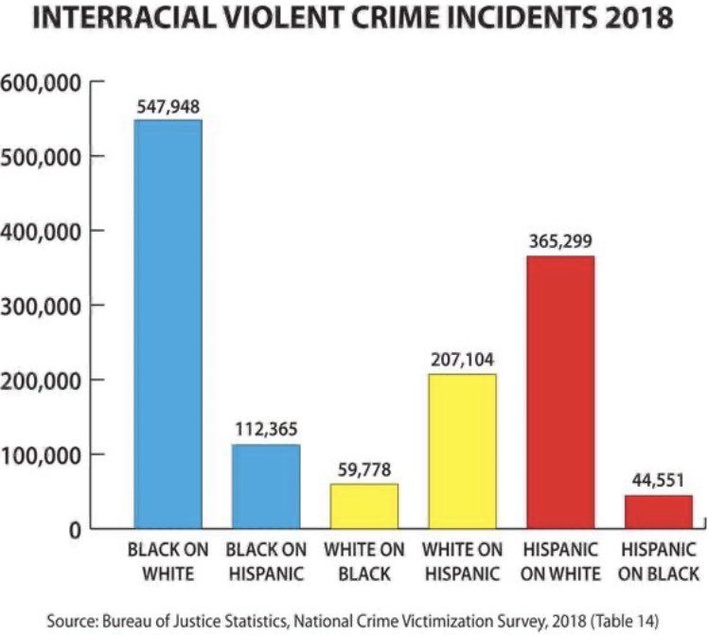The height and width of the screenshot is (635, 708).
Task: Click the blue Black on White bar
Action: pos(167,324)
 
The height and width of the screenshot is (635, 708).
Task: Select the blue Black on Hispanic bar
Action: pos(265,486)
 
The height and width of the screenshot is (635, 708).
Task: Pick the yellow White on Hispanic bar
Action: pos(461,451)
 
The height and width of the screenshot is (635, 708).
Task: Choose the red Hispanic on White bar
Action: pos(559,392)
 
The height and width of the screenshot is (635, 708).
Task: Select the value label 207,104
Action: pos(461,362)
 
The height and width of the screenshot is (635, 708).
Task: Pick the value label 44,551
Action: pos(658,483)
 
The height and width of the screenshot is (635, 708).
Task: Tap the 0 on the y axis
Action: pos(72,530)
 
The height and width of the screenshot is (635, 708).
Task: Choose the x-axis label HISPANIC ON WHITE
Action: pos(559,561)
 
